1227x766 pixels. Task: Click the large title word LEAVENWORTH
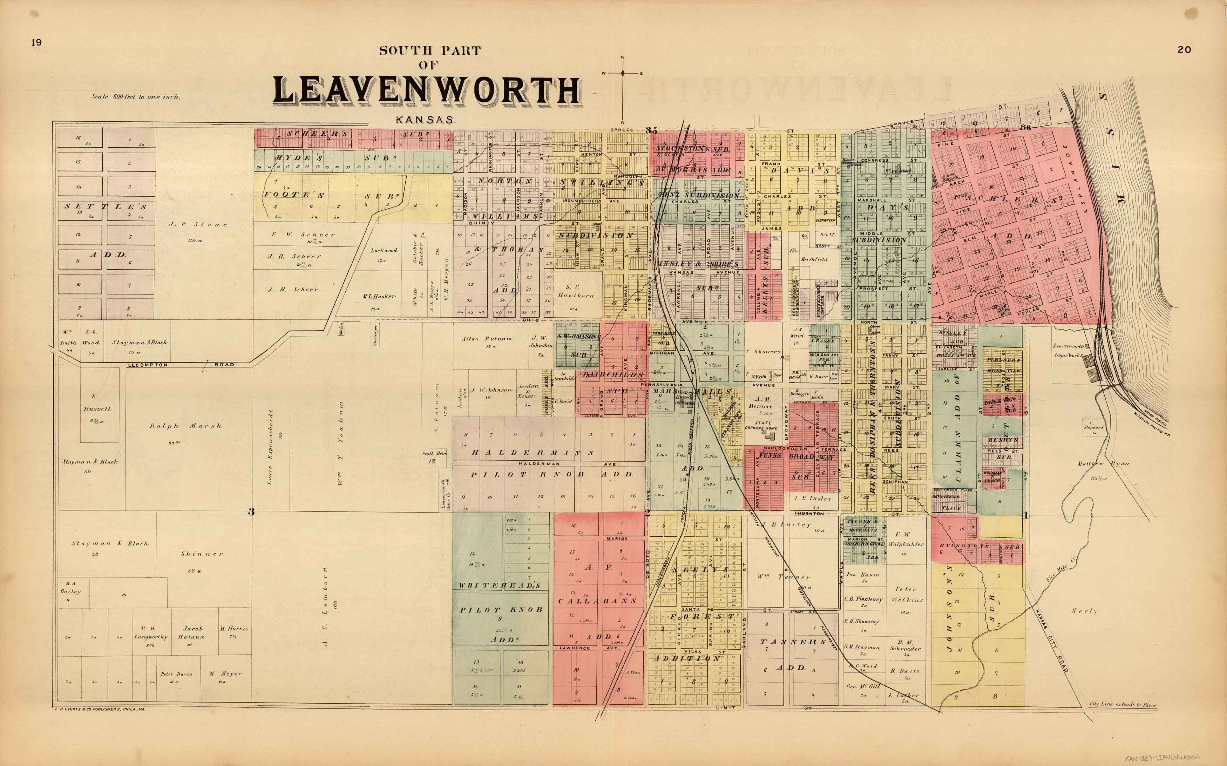(427, 91)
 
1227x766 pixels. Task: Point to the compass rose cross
(623, 74)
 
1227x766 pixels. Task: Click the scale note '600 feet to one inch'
(135, 97)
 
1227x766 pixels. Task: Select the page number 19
(36, 42)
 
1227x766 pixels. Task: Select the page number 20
(1184, 50)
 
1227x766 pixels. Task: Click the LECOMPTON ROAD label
(181, 365)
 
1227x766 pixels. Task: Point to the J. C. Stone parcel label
(198, 224)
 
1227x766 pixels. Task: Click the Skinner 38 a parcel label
(202, 554)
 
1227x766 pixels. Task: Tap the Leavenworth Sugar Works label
(1069, 351)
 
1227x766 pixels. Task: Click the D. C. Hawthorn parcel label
(575, 291)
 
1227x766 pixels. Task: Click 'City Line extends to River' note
(1123, 705)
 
